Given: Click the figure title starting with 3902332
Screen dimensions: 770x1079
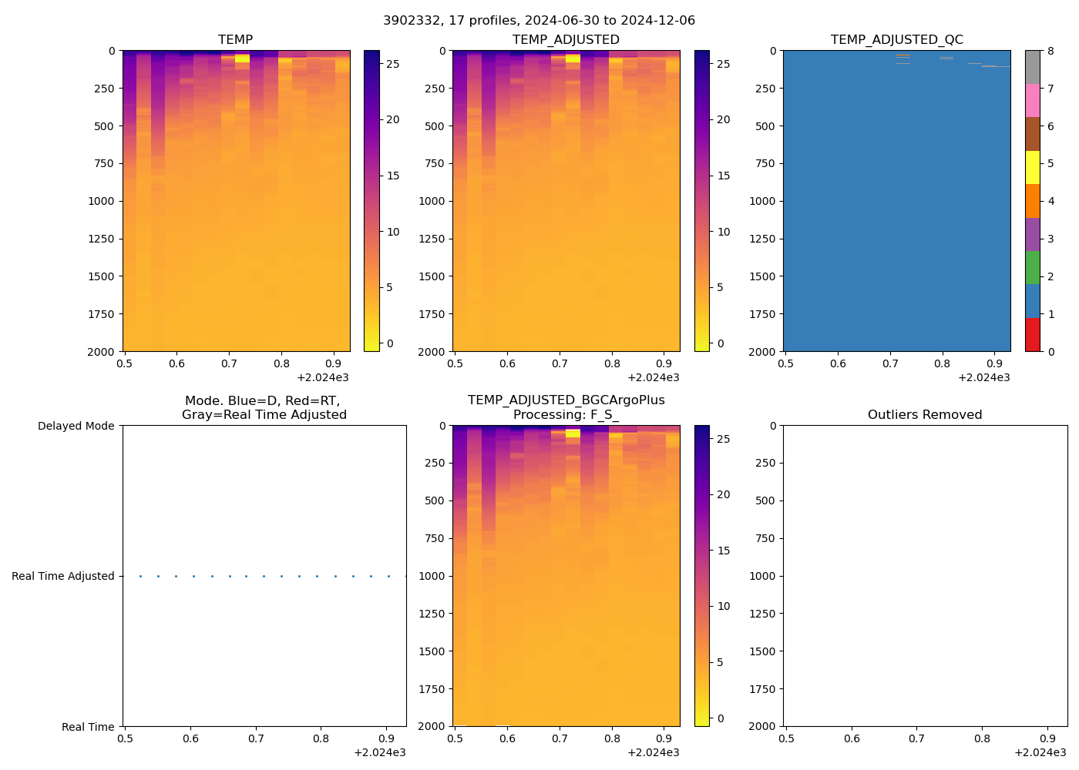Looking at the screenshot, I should coord(539,20).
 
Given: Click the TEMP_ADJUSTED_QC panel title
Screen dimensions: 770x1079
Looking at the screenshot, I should coord(896,39).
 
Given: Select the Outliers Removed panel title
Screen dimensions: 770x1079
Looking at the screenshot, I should coord(924,414).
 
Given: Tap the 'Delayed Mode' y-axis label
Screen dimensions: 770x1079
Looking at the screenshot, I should coord(76,426).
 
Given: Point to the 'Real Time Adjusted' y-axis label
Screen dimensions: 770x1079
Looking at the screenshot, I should coord(62,576).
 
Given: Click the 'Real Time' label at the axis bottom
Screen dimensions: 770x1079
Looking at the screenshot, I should coord(88,727).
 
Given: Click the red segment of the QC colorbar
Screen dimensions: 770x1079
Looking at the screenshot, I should coord(1032,335).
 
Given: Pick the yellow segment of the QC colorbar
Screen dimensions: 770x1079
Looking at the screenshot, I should coord(1032,167).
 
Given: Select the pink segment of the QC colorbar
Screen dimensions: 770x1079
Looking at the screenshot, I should coord(1032,100).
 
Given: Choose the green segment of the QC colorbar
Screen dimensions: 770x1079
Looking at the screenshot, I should coord(1032,267).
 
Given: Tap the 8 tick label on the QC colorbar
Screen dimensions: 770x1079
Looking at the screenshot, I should coord(1050,51).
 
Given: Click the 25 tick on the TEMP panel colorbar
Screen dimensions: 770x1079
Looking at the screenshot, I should coord(392,64).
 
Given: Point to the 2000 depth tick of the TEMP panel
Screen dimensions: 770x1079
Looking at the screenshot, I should coord(102,352).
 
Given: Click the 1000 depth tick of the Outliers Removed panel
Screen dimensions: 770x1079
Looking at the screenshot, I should coord(763,576).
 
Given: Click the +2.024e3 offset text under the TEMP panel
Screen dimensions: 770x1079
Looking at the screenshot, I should coord(322,377).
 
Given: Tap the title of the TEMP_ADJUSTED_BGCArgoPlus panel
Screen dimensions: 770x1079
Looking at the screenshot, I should coord(566,407).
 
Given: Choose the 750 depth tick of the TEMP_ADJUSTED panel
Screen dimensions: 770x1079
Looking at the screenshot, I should coord(434,163).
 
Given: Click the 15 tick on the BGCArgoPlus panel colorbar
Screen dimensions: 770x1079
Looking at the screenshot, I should coord(724,551).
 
